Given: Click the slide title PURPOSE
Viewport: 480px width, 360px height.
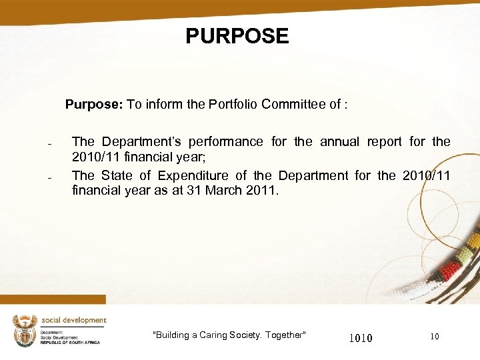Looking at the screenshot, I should pyautogui.click(x=237, y=35).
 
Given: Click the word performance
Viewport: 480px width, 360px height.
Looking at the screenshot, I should pyautogui.click(x=226, y=141).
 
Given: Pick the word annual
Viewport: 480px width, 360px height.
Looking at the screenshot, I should pyautogui.click(x=339, y=141).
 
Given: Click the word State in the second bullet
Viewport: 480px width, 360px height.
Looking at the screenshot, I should pyautogui.click(x=118, y=175).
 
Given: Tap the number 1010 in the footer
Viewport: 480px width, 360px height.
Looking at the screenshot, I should pyautogui.click(x=361, y=338).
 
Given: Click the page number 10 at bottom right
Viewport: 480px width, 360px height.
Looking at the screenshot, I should pyautogui.click(x=435, y=337).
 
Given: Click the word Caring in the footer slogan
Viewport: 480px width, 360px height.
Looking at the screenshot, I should pyautogui.click(x=213, y=335).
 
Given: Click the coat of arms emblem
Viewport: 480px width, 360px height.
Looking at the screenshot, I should pyautogui.click(x=25, y=331).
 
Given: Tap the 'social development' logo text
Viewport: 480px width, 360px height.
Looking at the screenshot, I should pyautogui.click(x=73, y=320).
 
